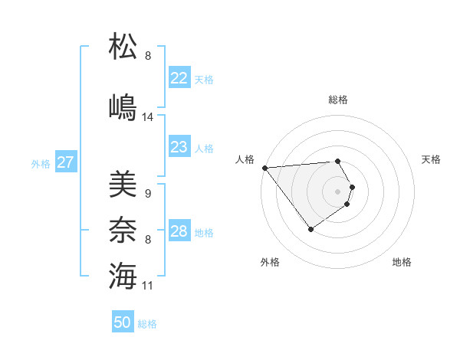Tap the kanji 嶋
coord(123,106)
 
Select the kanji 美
coord(123,183)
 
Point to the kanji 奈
coord(123,229)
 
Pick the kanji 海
coord(123,275)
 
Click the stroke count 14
coord(149,117)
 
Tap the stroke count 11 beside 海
coord(149,286)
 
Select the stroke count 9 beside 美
coord(148,194)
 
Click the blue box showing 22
coord(179,78)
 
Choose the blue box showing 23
coord(179,147)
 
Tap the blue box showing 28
coord(179,231)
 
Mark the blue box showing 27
coord(65,162)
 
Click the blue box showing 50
coord(123,322)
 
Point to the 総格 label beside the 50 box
coord(148,324)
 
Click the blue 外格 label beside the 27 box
coord(41,164)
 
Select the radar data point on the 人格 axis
coord(264,168)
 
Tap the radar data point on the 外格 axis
coord(310,229)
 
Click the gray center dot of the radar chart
coord(337,191)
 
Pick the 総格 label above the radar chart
coord(338,100)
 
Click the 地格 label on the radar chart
coord(402,262)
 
